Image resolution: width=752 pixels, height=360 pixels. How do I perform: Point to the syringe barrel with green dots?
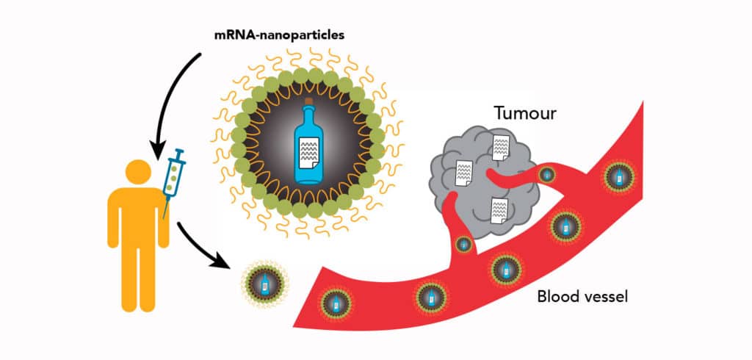click(x=173, y=180)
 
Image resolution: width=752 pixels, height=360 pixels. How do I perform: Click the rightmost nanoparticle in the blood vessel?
click(x=618, y=176)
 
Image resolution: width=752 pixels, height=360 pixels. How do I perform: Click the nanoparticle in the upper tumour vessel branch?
click(x=546, y=174)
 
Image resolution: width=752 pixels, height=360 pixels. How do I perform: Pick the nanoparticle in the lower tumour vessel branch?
click(x=463, y=244)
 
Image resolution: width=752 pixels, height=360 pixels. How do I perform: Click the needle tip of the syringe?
click(x=163, y=217)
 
